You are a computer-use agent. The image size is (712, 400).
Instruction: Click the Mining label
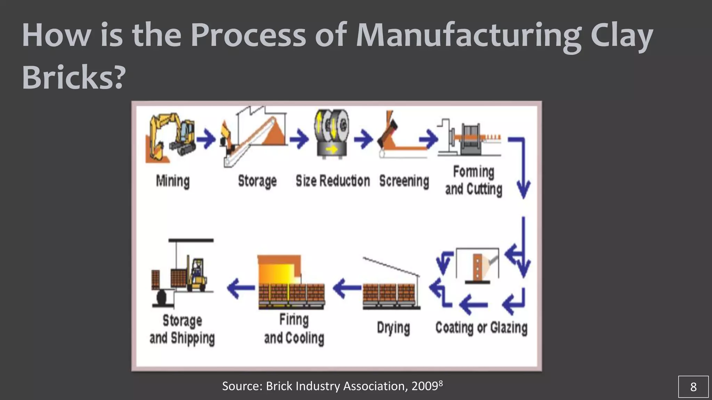tap(173, 181)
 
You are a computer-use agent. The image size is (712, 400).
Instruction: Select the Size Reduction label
tap(333, 181)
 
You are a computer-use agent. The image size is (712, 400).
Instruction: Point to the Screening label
tap(404, 181)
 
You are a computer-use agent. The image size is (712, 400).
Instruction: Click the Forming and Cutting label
tap(474, 181)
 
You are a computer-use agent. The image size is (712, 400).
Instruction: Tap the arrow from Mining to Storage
tap(206, 140)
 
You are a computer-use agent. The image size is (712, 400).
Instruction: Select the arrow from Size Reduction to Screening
tap(363, 140)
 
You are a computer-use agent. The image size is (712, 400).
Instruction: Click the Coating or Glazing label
tap(481, 327)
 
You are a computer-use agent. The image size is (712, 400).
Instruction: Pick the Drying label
tap(393, 328)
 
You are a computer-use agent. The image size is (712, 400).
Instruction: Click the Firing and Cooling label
tap(294, 328)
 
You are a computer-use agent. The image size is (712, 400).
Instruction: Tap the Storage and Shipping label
tap(182, 329)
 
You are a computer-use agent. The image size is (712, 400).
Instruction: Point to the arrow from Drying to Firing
tap(347, 288)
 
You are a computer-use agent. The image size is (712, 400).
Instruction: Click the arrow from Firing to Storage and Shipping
tap(241, 288)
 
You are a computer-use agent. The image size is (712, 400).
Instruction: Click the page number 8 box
tap(693, 386)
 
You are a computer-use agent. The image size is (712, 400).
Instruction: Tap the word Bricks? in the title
tap(73, 77)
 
